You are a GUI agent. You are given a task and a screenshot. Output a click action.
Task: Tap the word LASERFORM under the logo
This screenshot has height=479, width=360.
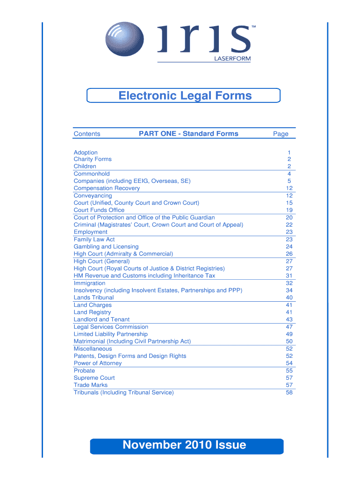[232, 58]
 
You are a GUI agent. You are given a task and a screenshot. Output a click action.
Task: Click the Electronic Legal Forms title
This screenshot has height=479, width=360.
[185, 96]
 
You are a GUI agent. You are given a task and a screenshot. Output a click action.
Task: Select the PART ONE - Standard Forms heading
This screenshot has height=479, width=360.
[188, 134]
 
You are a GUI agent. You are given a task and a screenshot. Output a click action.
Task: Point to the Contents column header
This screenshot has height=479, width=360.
[87, 134]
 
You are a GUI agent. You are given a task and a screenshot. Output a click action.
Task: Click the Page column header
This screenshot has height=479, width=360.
[281, 134]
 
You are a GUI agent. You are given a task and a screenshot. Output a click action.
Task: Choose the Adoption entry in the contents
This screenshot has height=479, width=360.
[86, 152]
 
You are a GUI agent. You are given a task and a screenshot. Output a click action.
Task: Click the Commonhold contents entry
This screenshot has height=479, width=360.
[92, 174]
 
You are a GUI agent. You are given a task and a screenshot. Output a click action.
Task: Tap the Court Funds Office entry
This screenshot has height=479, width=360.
[99, 210]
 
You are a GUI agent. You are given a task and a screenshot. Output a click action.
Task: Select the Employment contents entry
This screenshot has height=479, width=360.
[90, 232]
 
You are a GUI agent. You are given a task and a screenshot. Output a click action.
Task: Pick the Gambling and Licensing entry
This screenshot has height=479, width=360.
[106, 247]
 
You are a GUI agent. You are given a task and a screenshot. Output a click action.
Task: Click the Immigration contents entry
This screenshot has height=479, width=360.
[89, 283]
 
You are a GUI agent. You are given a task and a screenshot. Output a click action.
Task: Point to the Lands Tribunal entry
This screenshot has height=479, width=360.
[94, 298]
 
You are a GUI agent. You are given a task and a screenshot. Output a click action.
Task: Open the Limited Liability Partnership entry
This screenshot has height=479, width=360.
[110, 334]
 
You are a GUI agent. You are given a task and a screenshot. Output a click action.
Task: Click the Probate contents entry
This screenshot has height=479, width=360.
[84, 370]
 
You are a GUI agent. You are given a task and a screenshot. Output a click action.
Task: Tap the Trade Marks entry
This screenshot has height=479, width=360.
[90, 385]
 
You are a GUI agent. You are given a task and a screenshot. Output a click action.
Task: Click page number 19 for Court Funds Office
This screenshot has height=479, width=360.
[289, 210]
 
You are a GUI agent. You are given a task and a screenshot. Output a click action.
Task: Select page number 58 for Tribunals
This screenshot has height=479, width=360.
[289, 392]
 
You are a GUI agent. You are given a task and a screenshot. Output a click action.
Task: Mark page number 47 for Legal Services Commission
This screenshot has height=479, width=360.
[289, 327]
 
